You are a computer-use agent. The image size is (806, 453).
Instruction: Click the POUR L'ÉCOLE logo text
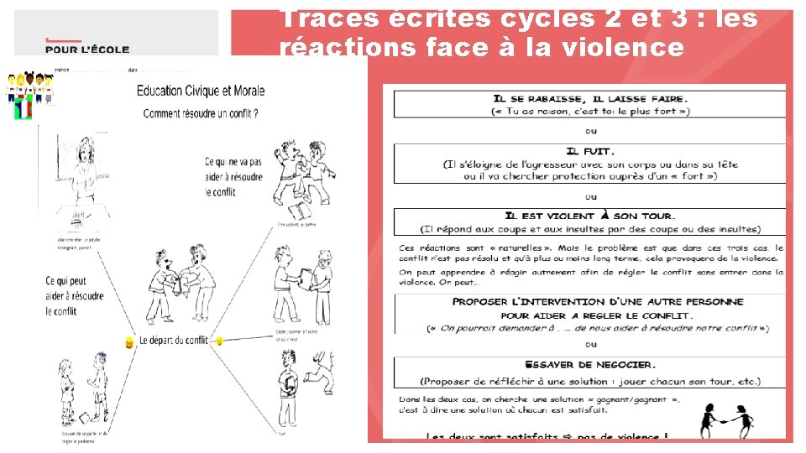pos(87,49)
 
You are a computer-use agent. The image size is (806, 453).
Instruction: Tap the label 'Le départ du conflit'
pos(173,341)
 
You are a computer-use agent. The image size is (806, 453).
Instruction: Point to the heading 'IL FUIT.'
pos(591,152)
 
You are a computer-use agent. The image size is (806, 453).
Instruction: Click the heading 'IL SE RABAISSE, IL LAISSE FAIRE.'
pos(591,98)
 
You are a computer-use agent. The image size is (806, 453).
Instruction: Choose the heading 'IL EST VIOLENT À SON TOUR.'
pos(591,216)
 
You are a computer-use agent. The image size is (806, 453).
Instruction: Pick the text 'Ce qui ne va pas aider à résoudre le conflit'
pos(233,176)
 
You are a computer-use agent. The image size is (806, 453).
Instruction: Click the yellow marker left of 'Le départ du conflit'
pos(128,342)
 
